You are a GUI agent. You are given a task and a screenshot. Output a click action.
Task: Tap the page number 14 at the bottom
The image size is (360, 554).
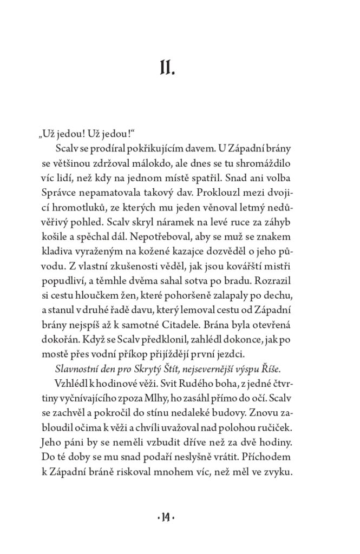point(180,518)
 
